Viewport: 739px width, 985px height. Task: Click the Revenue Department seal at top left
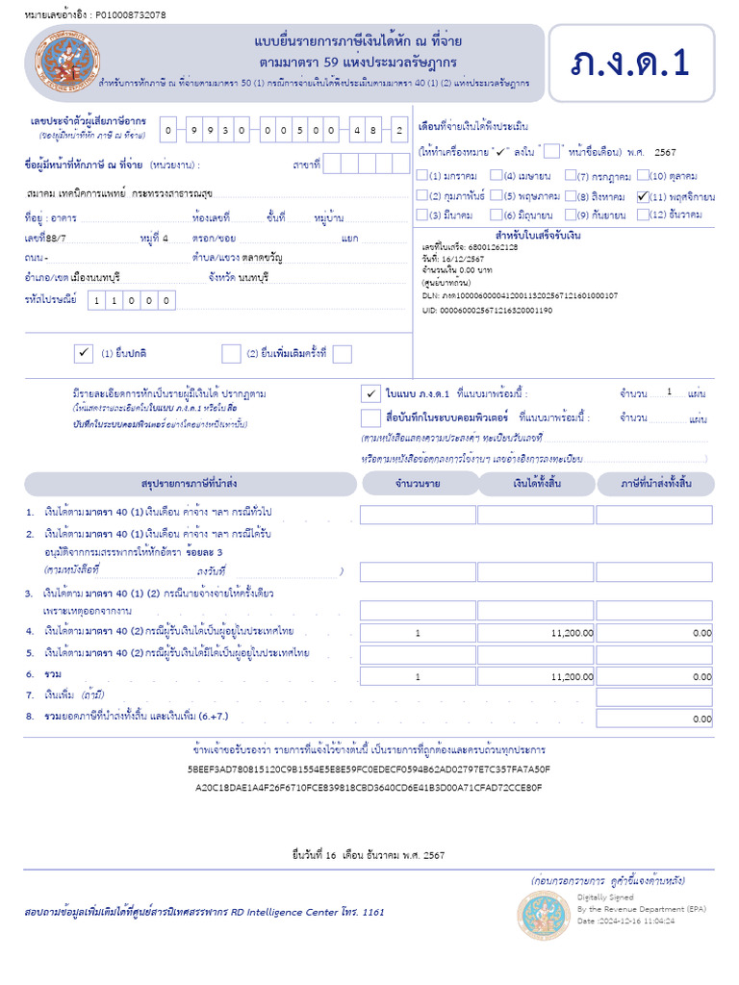(x=67, y=60)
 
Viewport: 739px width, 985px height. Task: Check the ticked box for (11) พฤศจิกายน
(x=643, y=196)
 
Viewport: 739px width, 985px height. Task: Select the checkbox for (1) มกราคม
(x=422, y=176)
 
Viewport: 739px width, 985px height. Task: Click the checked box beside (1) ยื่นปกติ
(x=83, y=354)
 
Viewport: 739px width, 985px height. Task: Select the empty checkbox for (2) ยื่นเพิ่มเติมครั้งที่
(x=231, y=354)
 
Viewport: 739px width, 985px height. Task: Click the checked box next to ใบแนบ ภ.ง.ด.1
(x=370, y=393)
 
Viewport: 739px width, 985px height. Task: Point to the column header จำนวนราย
(x=418, y=483)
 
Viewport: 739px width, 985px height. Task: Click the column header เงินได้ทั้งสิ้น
(x=536, y=483)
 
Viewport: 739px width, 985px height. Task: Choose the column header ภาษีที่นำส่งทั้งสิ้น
(x=655, y=483)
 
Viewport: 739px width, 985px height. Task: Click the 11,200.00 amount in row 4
(x=572, y=633)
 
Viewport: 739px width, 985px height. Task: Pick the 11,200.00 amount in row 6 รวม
(x=572, y=677)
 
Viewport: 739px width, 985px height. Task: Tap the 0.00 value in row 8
(x=701, y=719)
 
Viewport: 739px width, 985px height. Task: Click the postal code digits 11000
(x=133, y=301)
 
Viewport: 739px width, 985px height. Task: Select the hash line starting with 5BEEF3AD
(x=369, y=770)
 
